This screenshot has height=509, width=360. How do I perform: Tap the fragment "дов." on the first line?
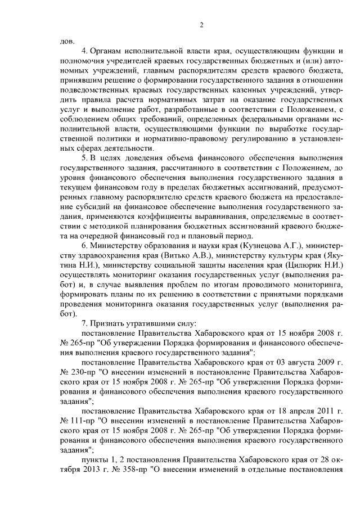tap(66, 41)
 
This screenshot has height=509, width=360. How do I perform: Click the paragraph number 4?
tap(84, 51)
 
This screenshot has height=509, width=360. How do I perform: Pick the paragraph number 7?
tap(84, 323)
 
